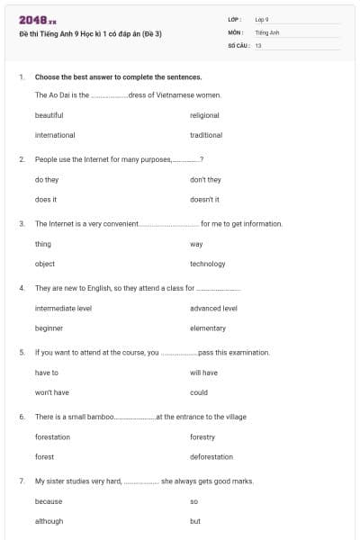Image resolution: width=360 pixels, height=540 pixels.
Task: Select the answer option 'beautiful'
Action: point(49,115)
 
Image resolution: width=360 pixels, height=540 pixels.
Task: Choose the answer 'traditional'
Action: point(206,135)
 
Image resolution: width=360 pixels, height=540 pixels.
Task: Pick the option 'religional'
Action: point(204,115)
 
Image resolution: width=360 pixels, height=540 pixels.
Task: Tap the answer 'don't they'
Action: point(205,179)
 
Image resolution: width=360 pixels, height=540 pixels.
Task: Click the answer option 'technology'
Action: point(207,264)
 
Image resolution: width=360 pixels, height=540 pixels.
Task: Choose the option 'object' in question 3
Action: point(45,264)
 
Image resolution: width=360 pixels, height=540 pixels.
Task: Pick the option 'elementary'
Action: point(208,328)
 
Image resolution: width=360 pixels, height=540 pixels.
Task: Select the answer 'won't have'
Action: point(51,392)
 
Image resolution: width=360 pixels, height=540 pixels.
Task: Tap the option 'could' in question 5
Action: point(199,392)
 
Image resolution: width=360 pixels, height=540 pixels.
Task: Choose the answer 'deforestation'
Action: point(211,456)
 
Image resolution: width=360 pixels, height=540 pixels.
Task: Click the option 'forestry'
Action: point(202,436)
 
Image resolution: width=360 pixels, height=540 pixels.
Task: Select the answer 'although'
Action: point(49,521)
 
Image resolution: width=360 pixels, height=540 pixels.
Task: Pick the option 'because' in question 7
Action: point(49,501)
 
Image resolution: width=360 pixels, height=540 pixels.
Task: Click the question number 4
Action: point(21,288)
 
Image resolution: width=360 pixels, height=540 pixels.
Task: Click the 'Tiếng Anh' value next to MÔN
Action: point(267,31)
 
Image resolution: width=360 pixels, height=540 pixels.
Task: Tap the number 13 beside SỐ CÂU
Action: point(258,44)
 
